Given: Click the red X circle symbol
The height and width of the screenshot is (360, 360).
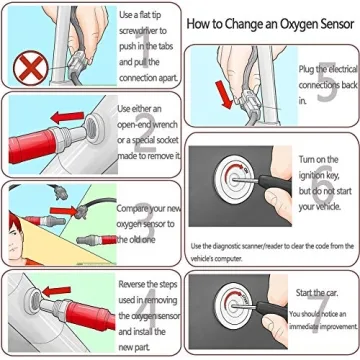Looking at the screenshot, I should click(x=26, y=69).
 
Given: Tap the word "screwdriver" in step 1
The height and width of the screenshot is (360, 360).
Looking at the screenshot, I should click(x=142, y=30).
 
